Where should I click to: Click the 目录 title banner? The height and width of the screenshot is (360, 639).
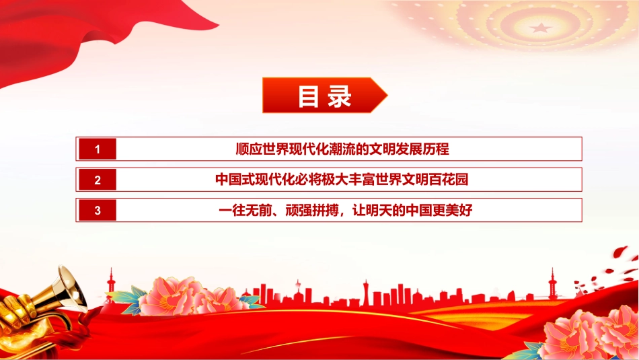click(x=325, y=95)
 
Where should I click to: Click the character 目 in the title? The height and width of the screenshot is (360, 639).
click(x=308, y=97)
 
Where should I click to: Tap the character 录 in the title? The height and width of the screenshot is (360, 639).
click(x=340, y=97)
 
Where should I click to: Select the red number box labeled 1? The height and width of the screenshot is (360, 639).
click(x=98, y=149)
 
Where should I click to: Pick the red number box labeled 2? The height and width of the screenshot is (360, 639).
click(x=98, y=180)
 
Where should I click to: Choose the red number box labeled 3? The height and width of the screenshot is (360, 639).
click(x=98, y=211)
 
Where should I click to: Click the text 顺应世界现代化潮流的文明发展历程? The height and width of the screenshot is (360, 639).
click(x=342, y=149)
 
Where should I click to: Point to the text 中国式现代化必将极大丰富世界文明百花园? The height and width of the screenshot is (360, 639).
click(x=342, y=180)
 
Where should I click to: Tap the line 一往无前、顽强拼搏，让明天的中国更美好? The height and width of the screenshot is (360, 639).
click(x=346, y=211)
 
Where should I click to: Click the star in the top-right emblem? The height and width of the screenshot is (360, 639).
click(x=541, y=28)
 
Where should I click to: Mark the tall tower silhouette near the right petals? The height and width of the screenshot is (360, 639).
click(x=553, y=283)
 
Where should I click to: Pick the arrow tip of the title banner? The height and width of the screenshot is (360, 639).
click(x=387, y=96)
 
